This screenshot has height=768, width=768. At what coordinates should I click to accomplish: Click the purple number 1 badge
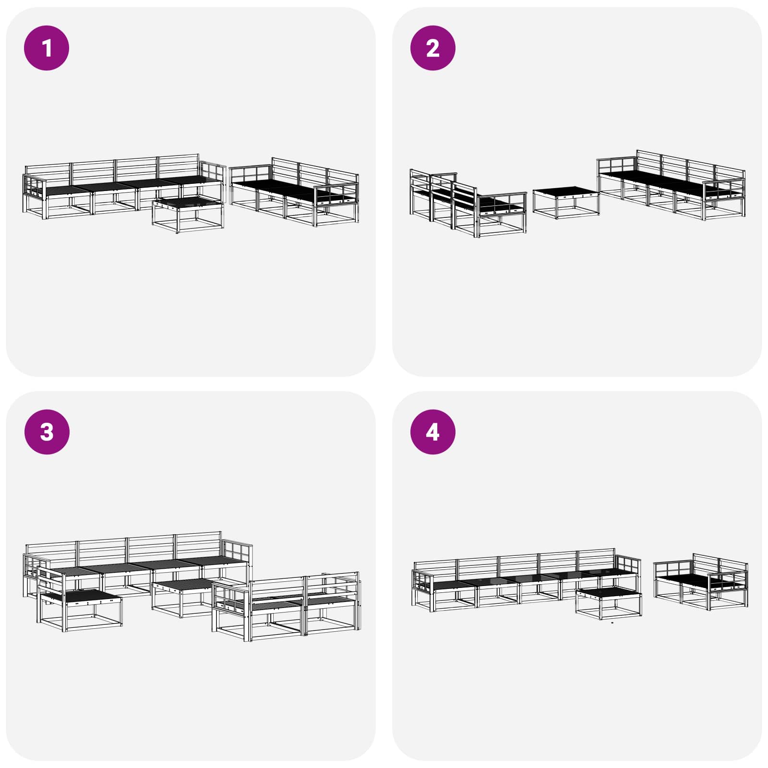click(x=47, y=48)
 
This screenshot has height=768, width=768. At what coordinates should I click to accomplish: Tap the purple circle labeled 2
click(x=433, y=48)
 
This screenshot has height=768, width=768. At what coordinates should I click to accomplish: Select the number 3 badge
click(x=47, y=432)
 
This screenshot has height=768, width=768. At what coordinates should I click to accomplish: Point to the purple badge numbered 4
click(x=433, y=432)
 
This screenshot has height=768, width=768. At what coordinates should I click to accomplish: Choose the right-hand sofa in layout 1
click(x=294, y=192)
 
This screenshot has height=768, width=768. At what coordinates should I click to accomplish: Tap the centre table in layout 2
click(x=566, y=203)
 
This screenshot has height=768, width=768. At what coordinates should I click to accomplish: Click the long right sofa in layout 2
click(x=671, y=185)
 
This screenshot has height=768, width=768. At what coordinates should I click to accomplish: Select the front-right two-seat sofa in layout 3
click(x=287, y=607)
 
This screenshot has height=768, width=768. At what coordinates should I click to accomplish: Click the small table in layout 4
click(x=609, y=602)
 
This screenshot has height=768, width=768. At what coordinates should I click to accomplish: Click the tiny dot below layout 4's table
click(x=612, y=623)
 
